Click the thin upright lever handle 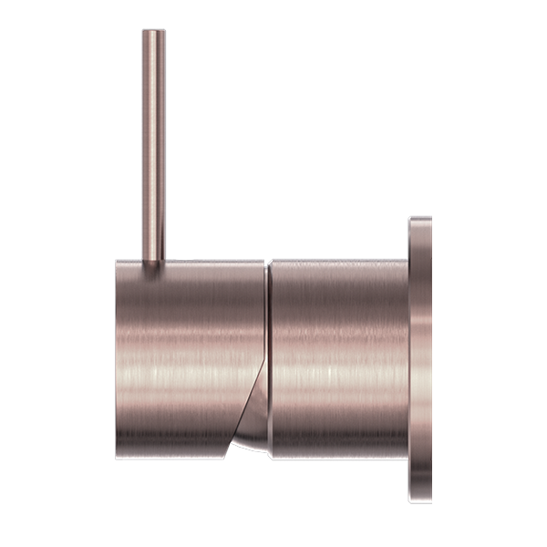[153, 146]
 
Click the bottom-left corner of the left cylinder [119, 455]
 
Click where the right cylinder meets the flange [409, 356]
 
